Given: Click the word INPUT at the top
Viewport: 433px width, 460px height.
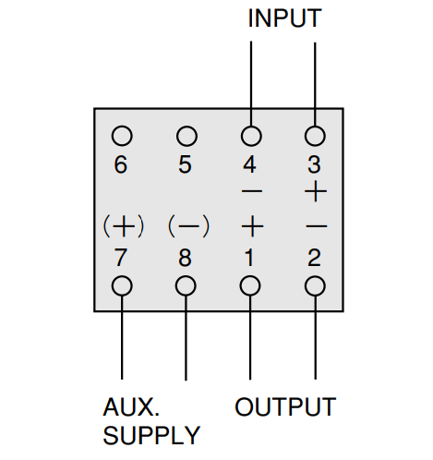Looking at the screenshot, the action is (x=284, y=18).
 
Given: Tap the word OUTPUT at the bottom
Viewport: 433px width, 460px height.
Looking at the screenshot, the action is (x=285, y=406).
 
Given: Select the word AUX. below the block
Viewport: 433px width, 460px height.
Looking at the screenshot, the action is (x=131, y=406).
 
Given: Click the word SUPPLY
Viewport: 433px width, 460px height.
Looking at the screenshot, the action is (x=151, y=435).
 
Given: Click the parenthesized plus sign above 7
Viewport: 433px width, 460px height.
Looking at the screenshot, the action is (x=124, y=226).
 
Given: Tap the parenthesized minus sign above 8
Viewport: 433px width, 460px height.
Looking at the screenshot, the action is (x=188, y=226).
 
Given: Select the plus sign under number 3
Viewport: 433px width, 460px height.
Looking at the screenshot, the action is (x=316, y=192).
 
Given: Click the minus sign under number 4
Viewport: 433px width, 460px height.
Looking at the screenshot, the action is (x=252, y=191).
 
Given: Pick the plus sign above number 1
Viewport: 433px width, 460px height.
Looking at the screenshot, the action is (x=252, y=226).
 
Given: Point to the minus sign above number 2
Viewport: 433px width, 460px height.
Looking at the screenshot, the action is (x=317, y=226).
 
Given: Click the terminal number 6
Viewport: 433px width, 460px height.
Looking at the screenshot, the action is (x=121, y=164).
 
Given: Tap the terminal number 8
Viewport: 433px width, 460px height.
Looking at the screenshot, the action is (x=185, y=258).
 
